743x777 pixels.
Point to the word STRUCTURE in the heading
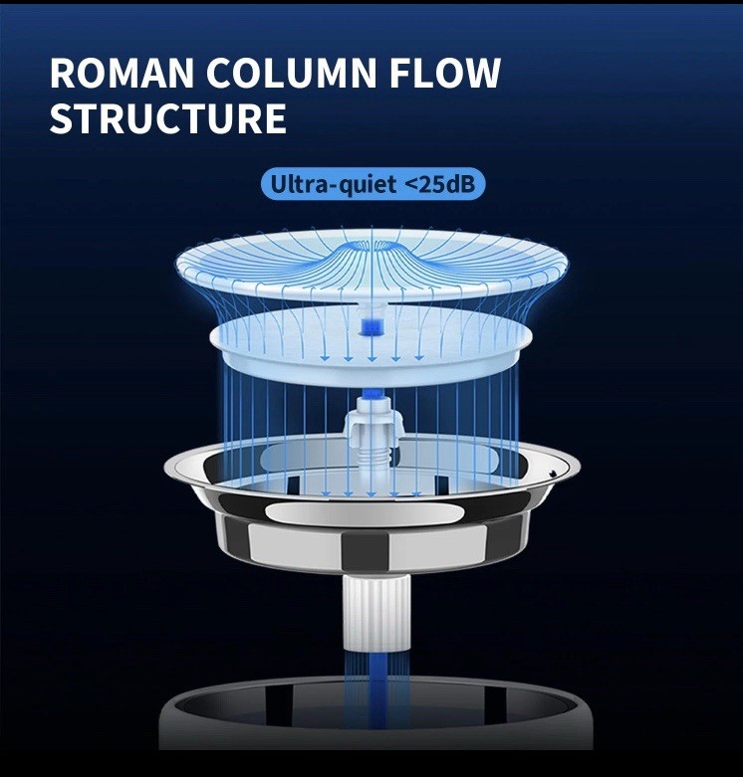(167, 118)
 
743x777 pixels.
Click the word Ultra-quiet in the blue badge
(324, 184)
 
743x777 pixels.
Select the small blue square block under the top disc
(372, 324)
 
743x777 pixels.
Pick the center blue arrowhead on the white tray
(372, 358)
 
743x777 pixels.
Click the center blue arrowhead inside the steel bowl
(372, 494)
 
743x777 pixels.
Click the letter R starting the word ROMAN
(62, 75)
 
